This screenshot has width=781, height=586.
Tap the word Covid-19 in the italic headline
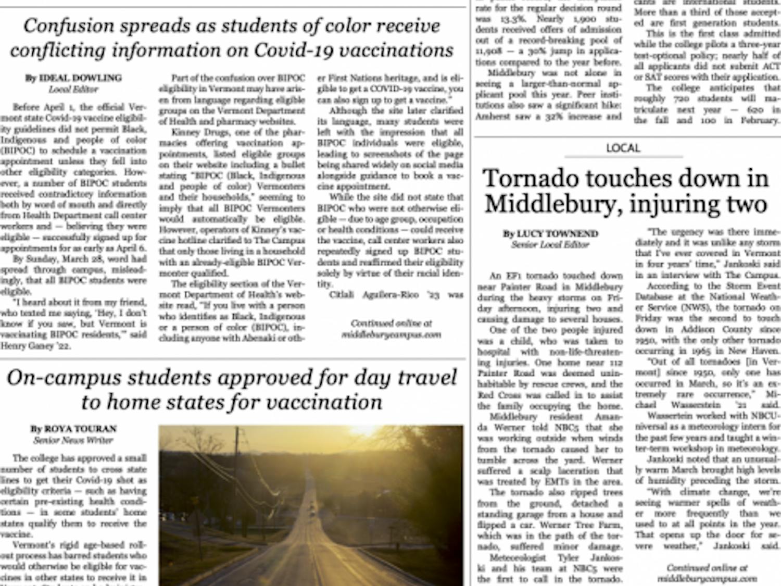pos(295,51)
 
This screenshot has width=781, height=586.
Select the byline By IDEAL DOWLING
pos(73,78)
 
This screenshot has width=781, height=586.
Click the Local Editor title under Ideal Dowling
pos(73,90)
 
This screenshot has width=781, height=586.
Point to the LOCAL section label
pos(623,148)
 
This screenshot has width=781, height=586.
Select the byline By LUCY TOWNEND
pos(550,233)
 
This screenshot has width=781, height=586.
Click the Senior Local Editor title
pos(550,244)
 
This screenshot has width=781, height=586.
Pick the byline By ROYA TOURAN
pos(73,429)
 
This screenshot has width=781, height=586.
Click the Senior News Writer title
pos(73,440)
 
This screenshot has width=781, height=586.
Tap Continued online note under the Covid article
pos(391,329)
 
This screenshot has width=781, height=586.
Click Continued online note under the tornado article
pos(707,573)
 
